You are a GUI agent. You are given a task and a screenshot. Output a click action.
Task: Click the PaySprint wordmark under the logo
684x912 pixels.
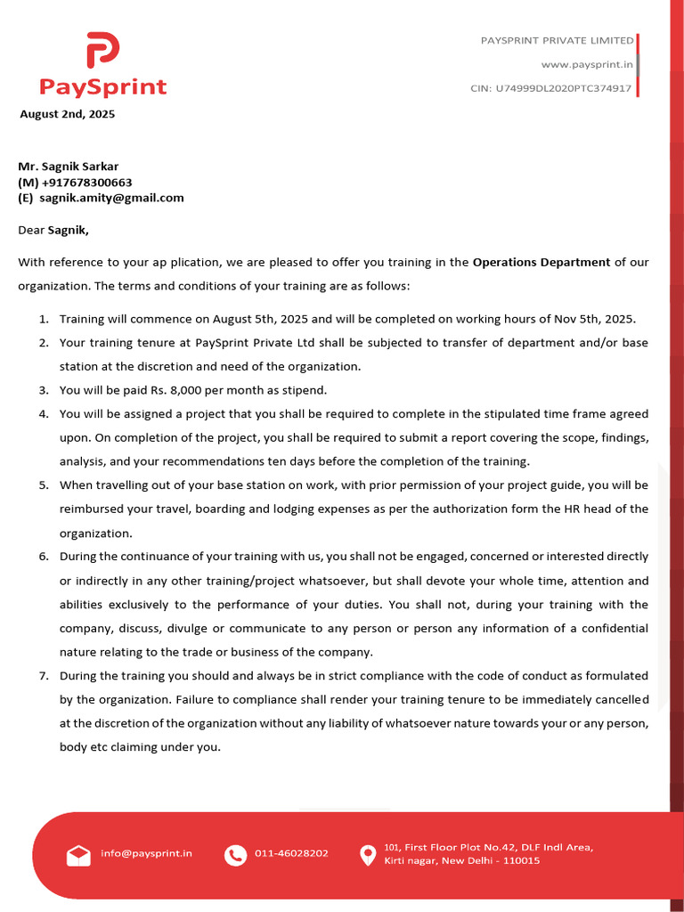click(x=102, y=86)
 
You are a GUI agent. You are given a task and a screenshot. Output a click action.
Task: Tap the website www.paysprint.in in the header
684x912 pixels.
click(x=587, y=64)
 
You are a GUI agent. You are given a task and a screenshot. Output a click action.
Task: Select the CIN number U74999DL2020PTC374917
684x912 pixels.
click(x=550, y=88)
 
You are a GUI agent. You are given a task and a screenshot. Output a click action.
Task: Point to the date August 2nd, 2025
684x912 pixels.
click(x=68, y=114)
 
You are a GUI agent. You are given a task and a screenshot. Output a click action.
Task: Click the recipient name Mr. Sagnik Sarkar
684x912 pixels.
click(x=69, y=166)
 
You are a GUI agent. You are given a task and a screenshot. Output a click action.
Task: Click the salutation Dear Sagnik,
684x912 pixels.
click(x=54, y=230)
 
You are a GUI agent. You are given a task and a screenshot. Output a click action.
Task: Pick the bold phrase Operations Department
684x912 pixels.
click(x=541, y=262)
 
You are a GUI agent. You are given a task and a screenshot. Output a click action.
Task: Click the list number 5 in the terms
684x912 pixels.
click(x=43, y=485)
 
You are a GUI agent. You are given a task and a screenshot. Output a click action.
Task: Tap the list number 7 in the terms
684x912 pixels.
click(x=43, y=676)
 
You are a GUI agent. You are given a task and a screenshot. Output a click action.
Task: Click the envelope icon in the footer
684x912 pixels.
click(x=78, y=855)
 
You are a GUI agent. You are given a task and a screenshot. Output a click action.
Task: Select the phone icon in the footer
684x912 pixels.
click(x=235, y=855)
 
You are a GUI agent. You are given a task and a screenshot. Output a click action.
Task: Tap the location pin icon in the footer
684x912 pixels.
click(x=367, y=855)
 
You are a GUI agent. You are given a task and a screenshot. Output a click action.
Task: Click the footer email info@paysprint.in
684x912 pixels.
click(x=146, y=853)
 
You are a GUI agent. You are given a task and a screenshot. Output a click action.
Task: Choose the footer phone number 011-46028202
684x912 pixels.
click(x=291, y=853)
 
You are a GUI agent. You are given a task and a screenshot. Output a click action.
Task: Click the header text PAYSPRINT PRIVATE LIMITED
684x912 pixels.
click(x=557, y=40)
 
